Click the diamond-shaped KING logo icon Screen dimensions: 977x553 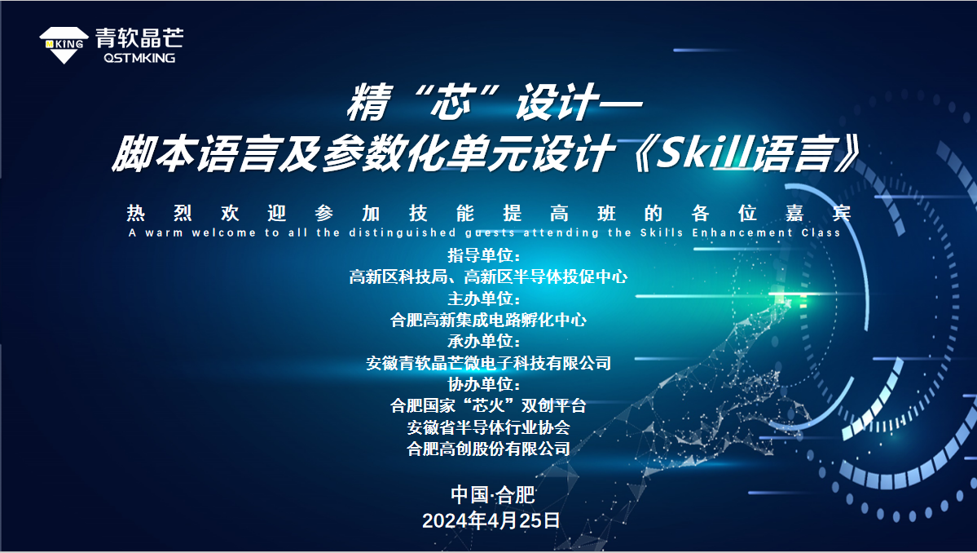point(64,45)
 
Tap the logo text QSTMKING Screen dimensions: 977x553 point(139,58)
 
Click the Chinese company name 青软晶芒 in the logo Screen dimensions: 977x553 point(139,38)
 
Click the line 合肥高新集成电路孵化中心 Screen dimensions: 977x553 point(488,320)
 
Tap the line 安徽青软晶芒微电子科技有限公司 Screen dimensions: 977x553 point(488,363)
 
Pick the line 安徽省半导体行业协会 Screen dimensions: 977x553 point(488,427)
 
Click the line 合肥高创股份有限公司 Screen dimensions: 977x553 point(488,449)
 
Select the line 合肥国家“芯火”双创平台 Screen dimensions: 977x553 point(488,406)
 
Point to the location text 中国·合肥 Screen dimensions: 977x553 point(493,495)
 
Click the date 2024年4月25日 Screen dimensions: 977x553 point(491,520)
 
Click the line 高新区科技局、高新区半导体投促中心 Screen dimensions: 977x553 point(488,276)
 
